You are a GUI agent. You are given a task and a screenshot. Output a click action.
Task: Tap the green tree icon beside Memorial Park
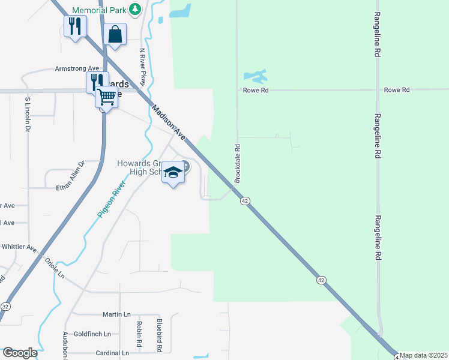click(x=136, y=9)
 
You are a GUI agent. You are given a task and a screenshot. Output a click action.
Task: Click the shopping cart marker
click(x=106, y=97)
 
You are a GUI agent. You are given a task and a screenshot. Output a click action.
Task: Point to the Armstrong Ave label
click(x=77, y=68)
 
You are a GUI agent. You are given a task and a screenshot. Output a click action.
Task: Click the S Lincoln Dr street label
click(x=28, y=113)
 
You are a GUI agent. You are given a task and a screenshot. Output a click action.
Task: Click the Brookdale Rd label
click(x=238, y=163)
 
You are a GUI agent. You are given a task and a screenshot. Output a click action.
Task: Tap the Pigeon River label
click(x=111, y=199)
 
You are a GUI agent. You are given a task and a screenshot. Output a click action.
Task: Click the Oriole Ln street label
click(x=55, y=268)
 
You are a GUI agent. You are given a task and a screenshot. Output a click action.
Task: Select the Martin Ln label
click(x=116, y=314)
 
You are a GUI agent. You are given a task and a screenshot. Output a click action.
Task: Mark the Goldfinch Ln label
click(x=92, y=334)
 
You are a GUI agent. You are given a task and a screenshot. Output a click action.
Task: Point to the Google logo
click(x=19, y=353)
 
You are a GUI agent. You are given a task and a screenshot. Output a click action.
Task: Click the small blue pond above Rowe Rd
click(x=255, y=77)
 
